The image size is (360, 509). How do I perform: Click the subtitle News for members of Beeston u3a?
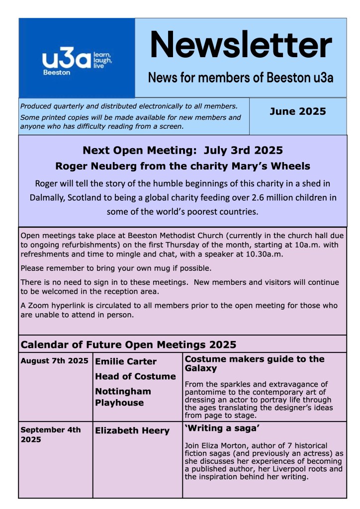241,78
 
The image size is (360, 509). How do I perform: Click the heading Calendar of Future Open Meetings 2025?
128,344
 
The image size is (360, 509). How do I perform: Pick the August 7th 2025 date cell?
54,361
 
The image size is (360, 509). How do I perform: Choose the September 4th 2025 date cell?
50,434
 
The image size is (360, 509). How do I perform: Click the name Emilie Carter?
125,361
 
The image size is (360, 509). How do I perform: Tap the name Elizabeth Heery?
132,430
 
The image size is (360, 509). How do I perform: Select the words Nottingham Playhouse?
123,397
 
